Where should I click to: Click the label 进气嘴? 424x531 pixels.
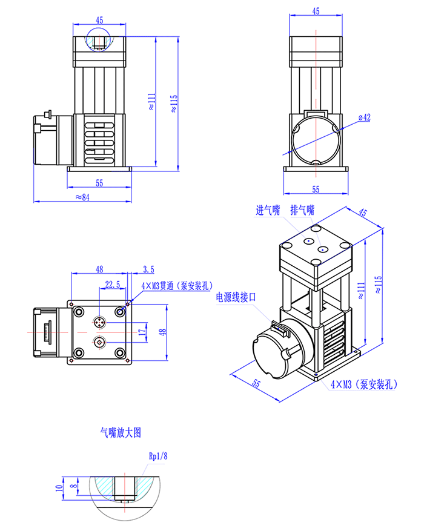(268, 211)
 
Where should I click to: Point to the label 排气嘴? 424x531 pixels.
(302, 211)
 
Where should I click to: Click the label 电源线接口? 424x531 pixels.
(237, 297)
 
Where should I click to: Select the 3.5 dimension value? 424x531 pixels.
(148, 268)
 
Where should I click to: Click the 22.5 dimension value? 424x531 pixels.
(113, 283)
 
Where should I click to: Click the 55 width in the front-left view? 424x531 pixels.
(100, 182)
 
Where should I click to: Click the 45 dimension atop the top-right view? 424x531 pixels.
(316, 11)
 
